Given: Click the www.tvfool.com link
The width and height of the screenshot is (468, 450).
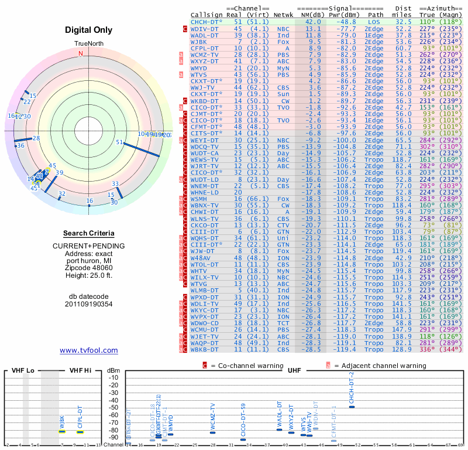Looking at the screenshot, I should point(89,350).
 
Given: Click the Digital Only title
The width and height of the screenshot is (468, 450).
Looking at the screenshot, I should point(89,29).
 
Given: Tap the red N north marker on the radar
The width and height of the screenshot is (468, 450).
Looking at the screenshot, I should point(81,53).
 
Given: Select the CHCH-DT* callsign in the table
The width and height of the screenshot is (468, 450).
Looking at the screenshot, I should point(207,21).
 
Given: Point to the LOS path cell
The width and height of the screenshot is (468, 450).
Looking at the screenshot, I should point(374,21).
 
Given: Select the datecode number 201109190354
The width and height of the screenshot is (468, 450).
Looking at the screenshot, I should point(89,304).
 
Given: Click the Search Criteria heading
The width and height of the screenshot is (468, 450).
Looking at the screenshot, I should point(89,233).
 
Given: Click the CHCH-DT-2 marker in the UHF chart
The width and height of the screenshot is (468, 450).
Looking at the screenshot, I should point(352,407).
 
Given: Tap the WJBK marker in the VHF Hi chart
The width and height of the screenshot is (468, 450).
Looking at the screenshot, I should point(61,431).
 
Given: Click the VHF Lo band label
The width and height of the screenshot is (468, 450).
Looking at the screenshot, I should point(22,370).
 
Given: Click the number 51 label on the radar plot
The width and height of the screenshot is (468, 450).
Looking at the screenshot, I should point(119,142).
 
